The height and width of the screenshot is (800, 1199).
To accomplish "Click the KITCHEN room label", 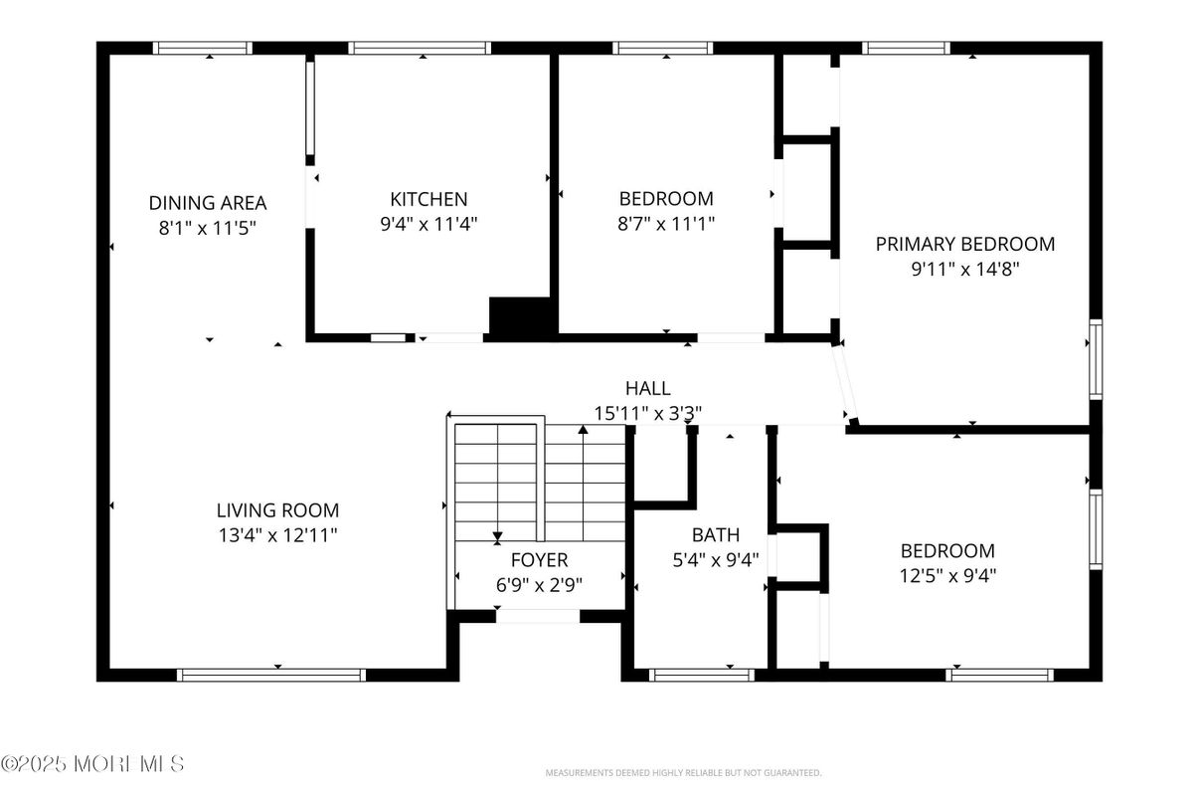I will pyautogui.click(x=428, y=199).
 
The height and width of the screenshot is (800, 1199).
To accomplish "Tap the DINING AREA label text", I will pyautogui.click(x=208, y=203).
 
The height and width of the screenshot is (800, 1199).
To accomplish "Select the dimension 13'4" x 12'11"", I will pyautogui.click(x=277, y=535).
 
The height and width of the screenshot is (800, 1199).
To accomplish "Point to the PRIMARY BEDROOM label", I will pyautogui.click(x=964, y=244).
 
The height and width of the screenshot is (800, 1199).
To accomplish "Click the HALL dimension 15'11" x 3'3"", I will pyautogui.click(x=647, y=412).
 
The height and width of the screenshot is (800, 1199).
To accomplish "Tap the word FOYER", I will pyautogui.click(x=539, y=560).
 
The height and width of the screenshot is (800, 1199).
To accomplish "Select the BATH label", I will pyautogui.click(x=716, y=535).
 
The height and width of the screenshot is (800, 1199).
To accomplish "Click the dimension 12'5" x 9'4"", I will pyautogui.click(x=947, y=575).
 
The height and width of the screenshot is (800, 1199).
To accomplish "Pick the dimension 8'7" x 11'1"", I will pyautogui.click(x=666, y=223).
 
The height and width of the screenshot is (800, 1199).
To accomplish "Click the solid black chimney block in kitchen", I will pyautogui.click(x=522, y=316).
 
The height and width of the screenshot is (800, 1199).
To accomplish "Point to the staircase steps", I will pyautogui.click(x=538, y=482).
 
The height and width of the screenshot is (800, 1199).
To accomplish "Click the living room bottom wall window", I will pyautogui.click(x=271, y=675).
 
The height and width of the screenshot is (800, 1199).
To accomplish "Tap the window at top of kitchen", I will pyautogui.click(x=419, y=48).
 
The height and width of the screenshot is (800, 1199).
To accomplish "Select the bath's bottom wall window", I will pyautogui.click(x=702, y=675).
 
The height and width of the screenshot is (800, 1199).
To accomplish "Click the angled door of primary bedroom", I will pyautogui.click(x=845, y=383).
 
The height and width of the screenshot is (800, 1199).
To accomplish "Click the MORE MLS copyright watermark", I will pyautogui.click(x=92, y=764).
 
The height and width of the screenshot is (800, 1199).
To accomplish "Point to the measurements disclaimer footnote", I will pyautogui.click(x=684, y=773).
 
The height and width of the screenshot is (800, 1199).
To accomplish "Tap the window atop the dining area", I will pyautogui.click(x=203, y=48).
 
